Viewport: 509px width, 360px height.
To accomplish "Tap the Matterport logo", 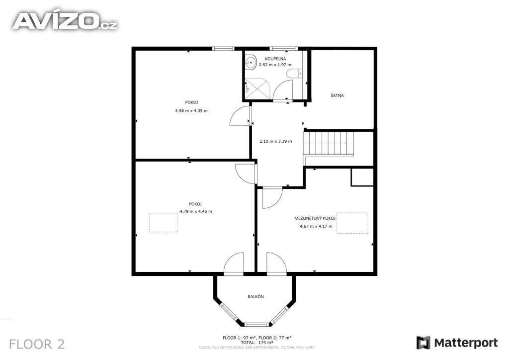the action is (457, 343).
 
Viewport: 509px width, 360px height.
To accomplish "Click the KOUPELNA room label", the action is (275, 59).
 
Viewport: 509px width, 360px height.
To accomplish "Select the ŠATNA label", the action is (337, 95).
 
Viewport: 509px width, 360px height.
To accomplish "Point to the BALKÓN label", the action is (255, 296).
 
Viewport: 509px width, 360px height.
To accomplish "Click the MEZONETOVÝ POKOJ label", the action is (315, 218).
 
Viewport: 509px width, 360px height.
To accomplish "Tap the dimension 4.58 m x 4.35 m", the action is (191, 111).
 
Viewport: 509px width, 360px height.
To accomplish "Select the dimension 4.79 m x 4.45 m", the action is (196, 211).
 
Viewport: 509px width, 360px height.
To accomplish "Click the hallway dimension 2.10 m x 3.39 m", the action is (275, 141).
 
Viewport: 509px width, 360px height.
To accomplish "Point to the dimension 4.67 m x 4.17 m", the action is (316, 226).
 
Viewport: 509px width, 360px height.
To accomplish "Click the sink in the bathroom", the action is (251, 62).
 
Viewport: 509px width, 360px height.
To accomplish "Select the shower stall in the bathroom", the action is (257, 89).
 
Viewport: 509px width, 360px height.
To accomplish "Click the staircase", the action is (328, 144).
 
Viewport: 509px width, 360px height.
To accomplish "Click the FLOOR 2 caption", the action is (37, 344).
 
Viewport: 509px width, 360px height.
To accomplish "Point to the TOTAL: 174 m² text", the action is (256, 343).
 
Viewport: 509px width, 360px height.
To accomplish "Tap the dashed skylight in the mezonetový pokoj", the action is (351, 223).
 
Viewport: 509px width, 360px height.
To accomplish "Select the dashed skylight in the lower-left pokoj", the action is (163, 223).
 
